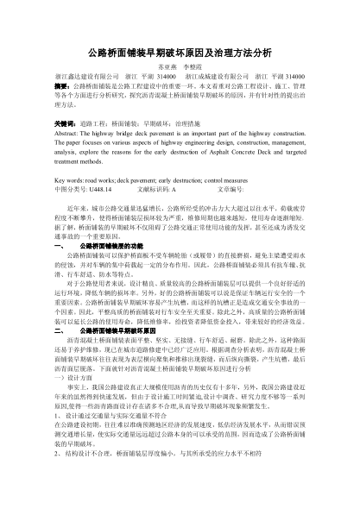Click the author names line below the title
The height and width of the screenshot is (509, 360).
coord(180,67)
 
